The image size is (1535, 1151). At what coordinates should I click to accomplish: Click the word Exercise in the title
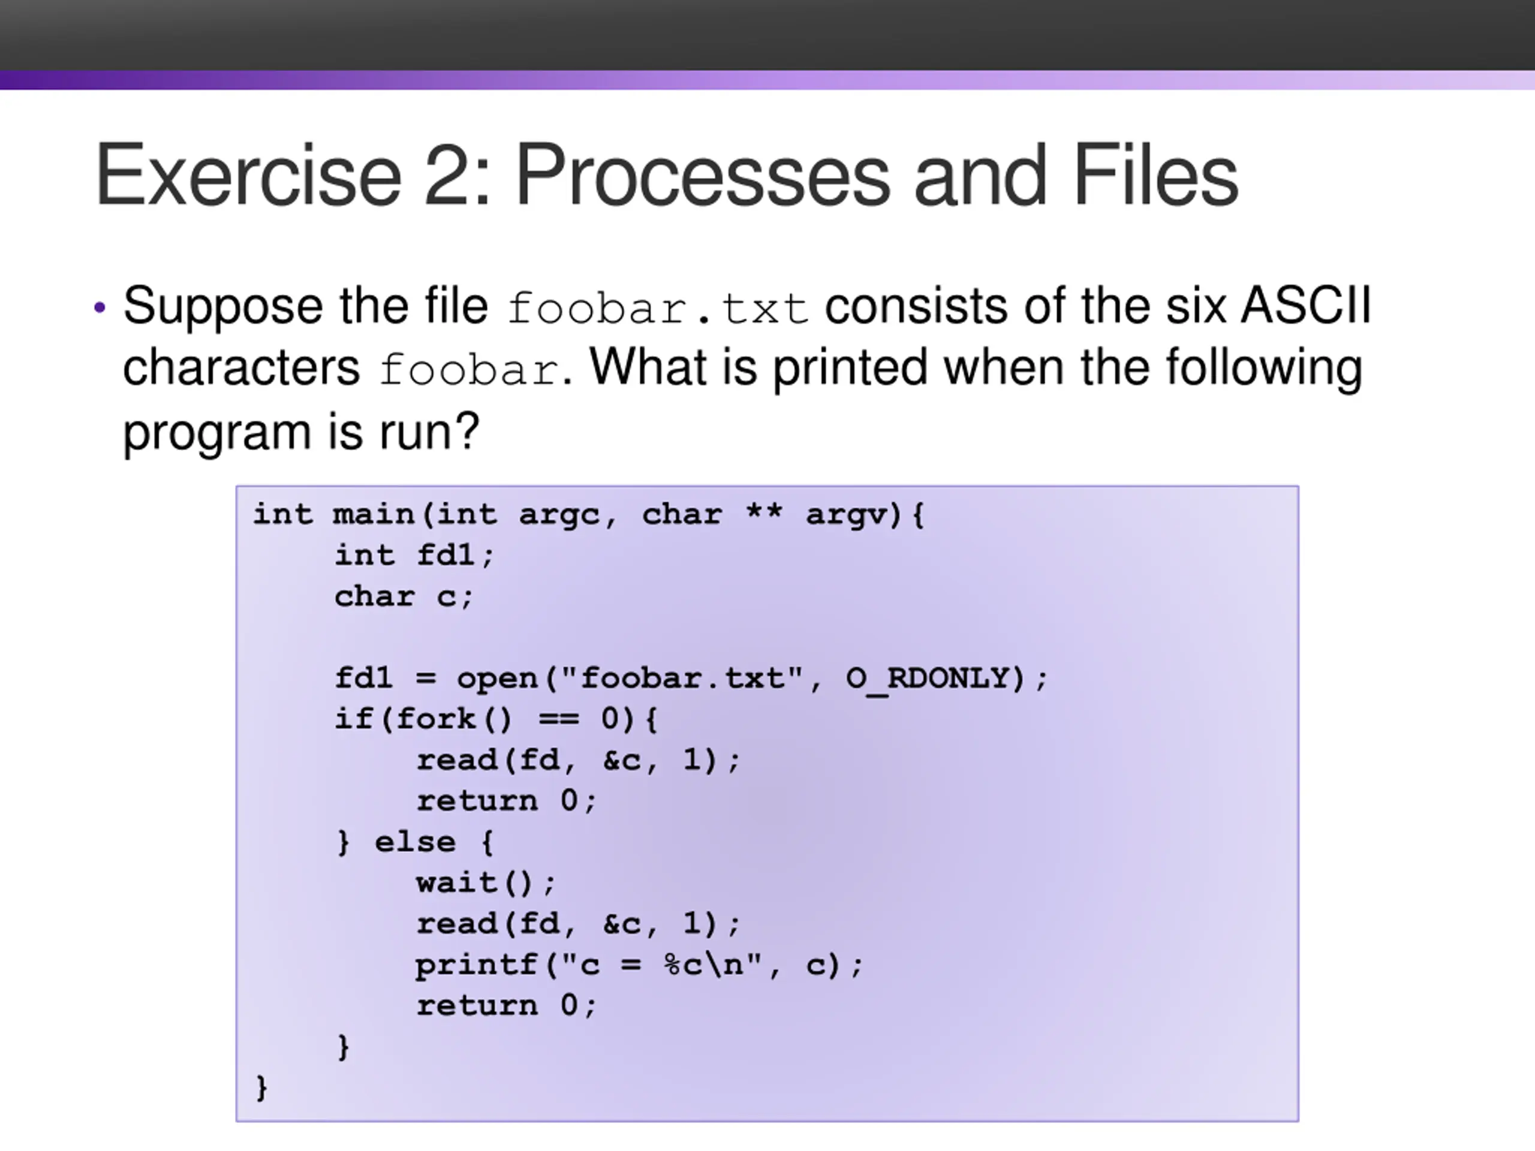pyautogui.click(x=248, y=175)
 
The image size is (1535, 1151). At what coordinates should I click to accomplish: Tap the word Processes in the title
pyautogui.click(x=702, y=175)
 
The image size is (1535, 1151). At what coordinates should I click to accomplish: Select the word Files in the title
pyautogui.click(x=1155, y=175)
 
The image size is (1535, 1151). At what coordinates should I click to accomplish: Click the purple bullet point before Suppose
pyautogui.click(x=100, y=308)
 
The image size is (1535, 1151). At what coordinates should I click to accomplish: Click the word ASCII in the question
pyautogui.click(x=1305, y=306)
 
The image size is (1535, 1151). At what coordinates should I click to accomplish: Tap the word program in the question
pyautogui.click(x=216, y=432)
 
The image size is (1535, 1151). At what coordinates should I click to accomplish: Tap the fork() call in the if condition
pyautogui.click(x=453, y=719)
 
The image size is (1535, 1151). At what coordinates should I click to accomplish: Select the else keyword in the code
pyautogui.click(x=415, y=842)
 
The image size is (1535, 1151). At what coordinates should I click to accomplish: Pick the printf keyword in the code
pyautogui.click(x=477, y=965)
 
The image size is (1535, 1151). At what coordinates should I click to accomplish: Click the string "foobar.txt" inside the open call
pyautogui.click(x=682, y=677)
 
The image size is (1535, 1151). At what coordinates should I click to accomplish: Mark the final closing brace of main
pyautogui.click(x=261, y=1088)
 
